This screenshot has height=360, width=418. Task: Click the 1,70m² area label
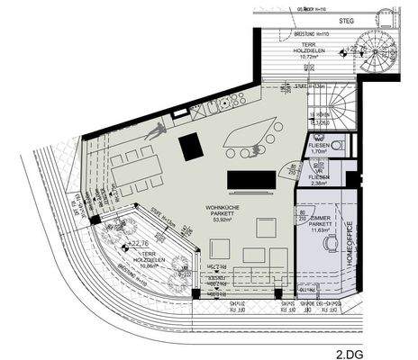[x=318, y=151]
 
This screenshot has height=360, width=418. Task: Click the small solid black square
[x=191, y=146]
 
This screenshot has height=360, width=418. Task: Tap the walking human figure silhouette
[x=156, y=131]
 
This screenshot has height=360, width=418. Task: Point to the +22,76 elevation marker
[x=136, y=243]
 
